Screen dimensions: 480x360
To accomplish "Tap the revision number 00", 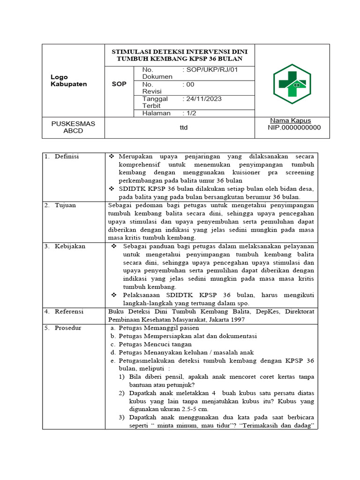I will pyautogui.click(x=190, y=84).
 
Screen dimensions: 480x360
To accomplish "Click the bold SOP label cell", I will pyautogui.click(x=119, y=84).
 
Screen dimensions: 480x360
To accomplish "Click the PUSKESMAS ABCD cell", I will pyautogui.click(x=73, y=127).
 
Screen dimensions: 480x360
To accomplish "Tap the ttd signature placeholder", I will pyautogui.click(x=183, y=127).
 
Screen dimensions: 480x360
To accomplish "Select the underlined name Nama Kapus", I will pyautogui.click(x=291, y=120).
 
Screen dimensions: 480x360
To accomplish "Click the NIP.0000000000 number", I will pyautogui.click(x=294, y=127).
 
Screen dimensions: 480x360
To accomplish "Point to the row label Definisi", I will pyautogui.click(x=67, y=156).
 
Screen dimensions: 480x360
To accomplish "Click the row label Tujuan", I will pyautogui.click(x=65, y=205).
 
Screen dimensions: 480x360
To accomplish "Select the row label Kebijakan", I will pyautogui.click(x=70, y=246).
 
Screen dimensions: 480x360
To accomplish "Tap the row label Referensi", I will pyautogui.click(x=69, y=311).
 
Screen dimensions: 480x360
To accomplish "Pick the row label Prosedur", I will pyautogui.click(x=67, y=328).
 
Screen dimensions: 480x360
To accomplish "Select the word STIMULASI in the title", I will pyautogui.click(x=132, y=51).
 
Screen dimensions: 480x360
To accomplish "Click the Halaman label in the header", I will pyautogui.click(x=156, y=113).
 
